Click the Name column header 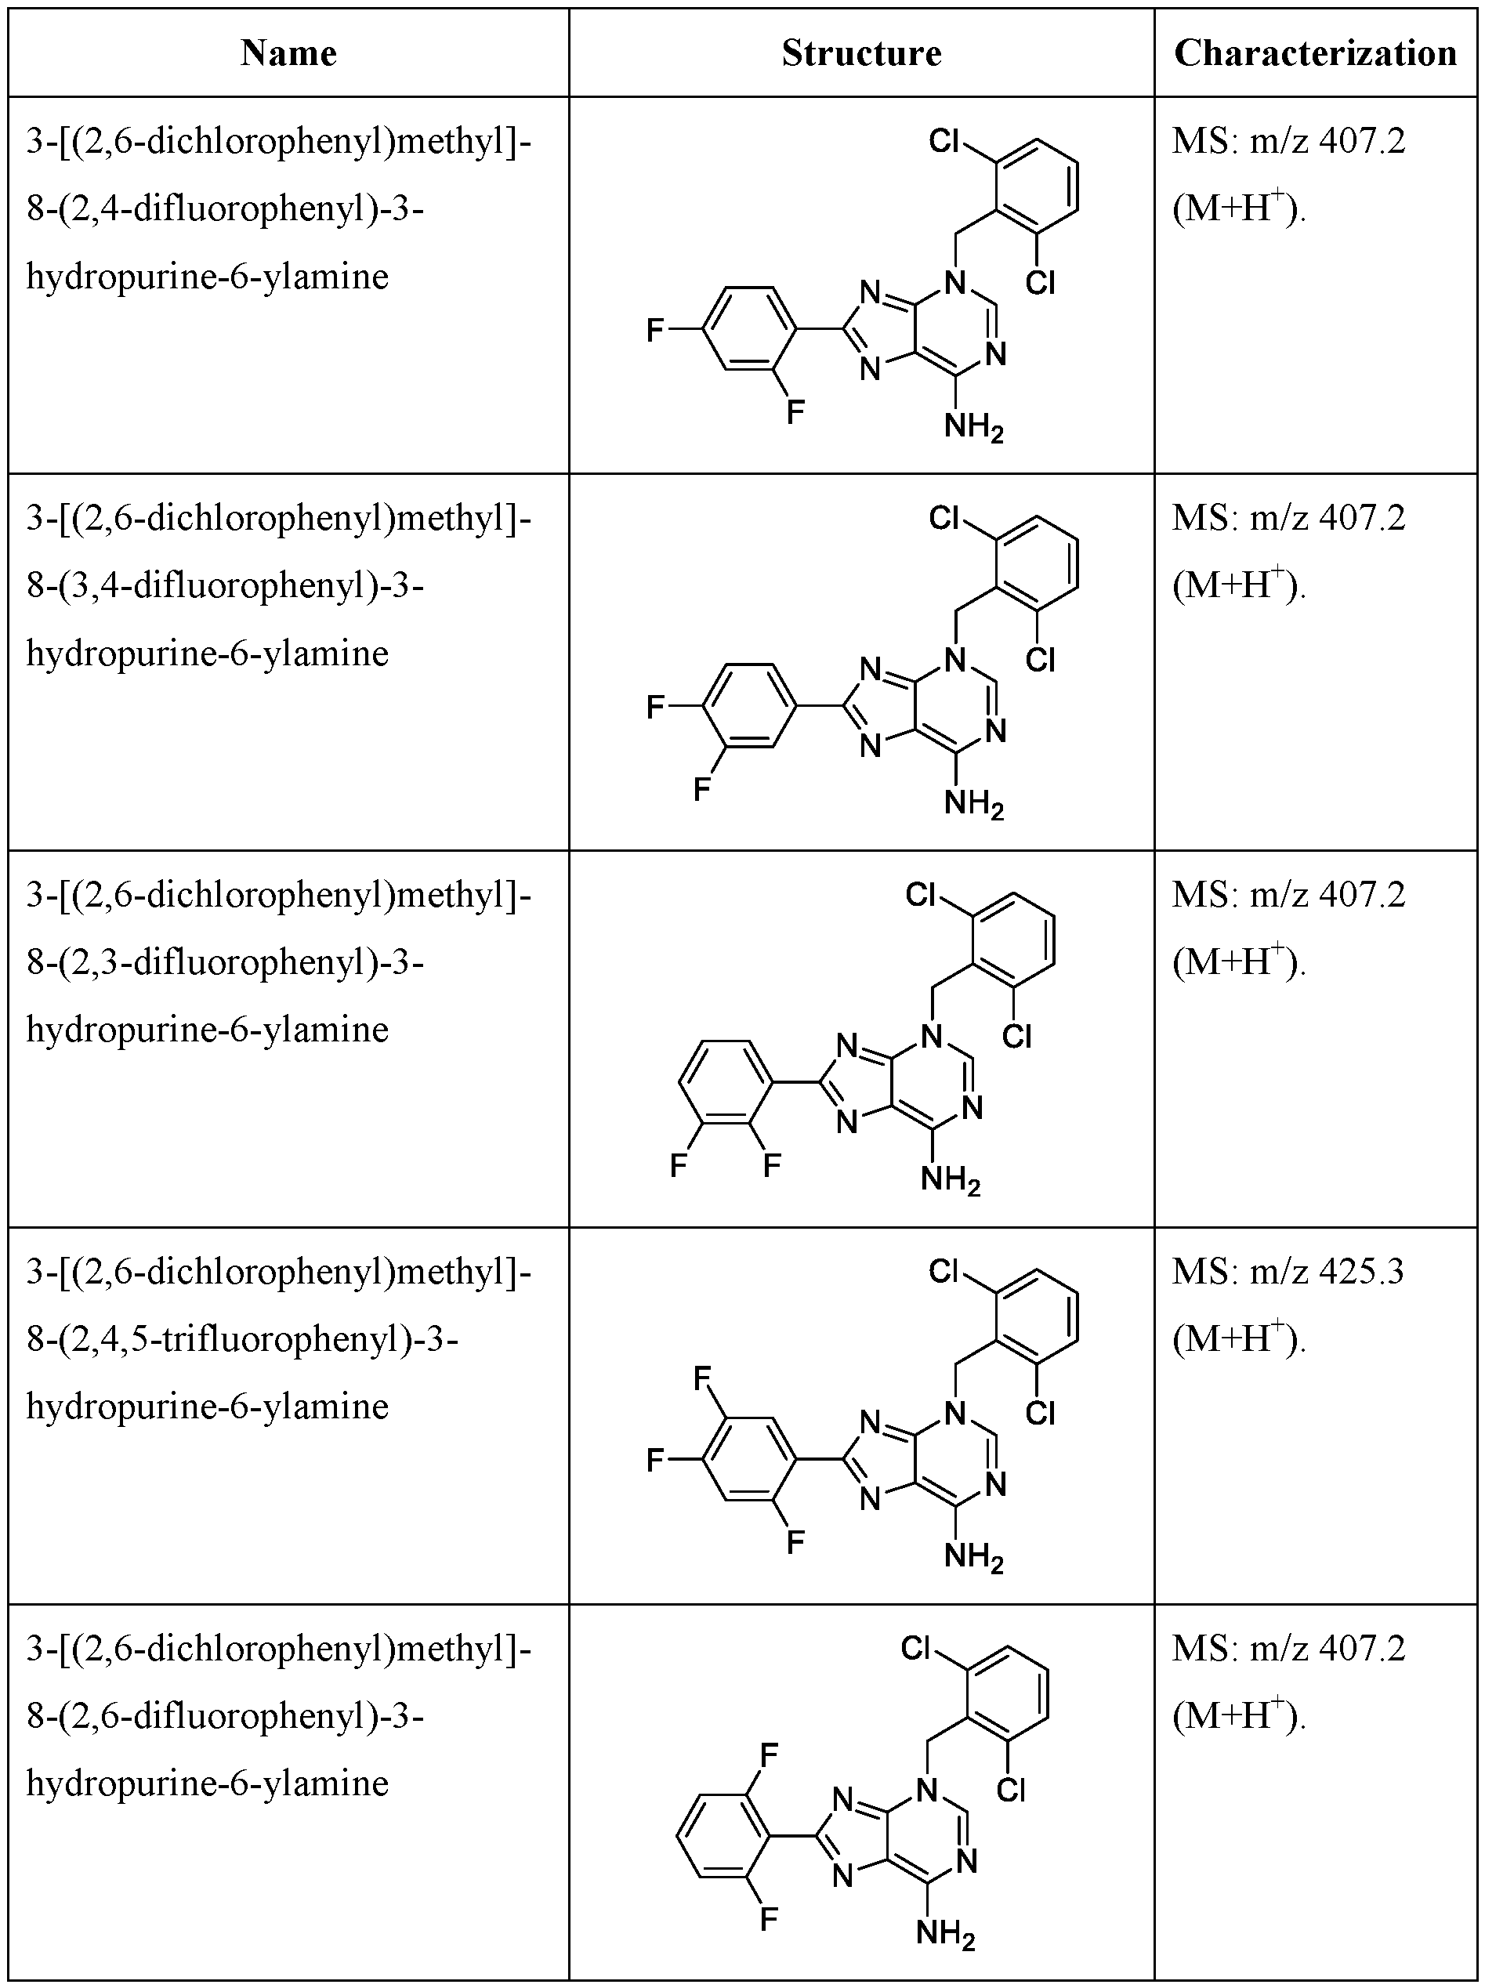tap(288, 54)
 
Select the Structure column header tap(861, 54)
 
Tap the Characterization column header tap(1315, 54)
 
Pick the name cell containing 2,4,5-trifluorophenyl tap(279, 1338)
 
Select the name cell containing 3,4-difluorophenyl tap(279, 585)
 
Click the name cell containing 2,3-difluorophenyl tap(279, 961)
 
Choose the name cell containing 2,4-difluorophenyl tap(279, 208)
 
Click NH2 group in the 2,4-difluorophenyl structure tap(973, 428)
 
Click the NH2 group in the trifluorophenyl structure tap(973, 1558)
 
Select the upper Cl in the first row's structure tap(945, 141)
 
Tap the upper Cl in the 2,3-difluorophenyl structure tap(922, 894)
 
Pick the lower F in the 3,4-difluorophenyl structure tap(702, 789)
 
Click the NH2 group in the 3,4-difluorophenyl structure tap(973, 804)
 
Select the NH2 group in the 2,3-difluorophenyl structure tap(950, 1181)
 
